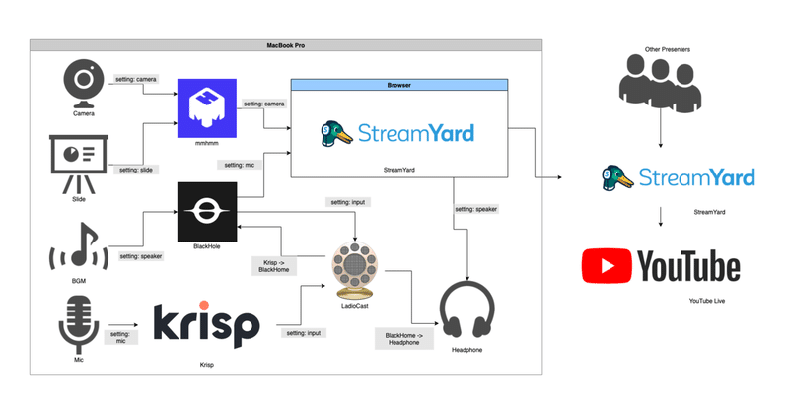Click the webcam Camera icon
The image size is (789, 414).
(82, 84)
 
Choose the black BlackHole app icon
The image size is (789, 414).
(206, 211)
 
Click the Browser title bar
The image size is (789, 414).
(398, 86)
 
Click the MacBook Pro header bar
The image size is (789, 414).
(285, 45)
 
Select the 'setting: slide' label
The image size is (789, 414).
(135, 169)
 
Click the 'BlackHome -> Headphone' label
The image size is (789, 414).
(404, 341)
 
